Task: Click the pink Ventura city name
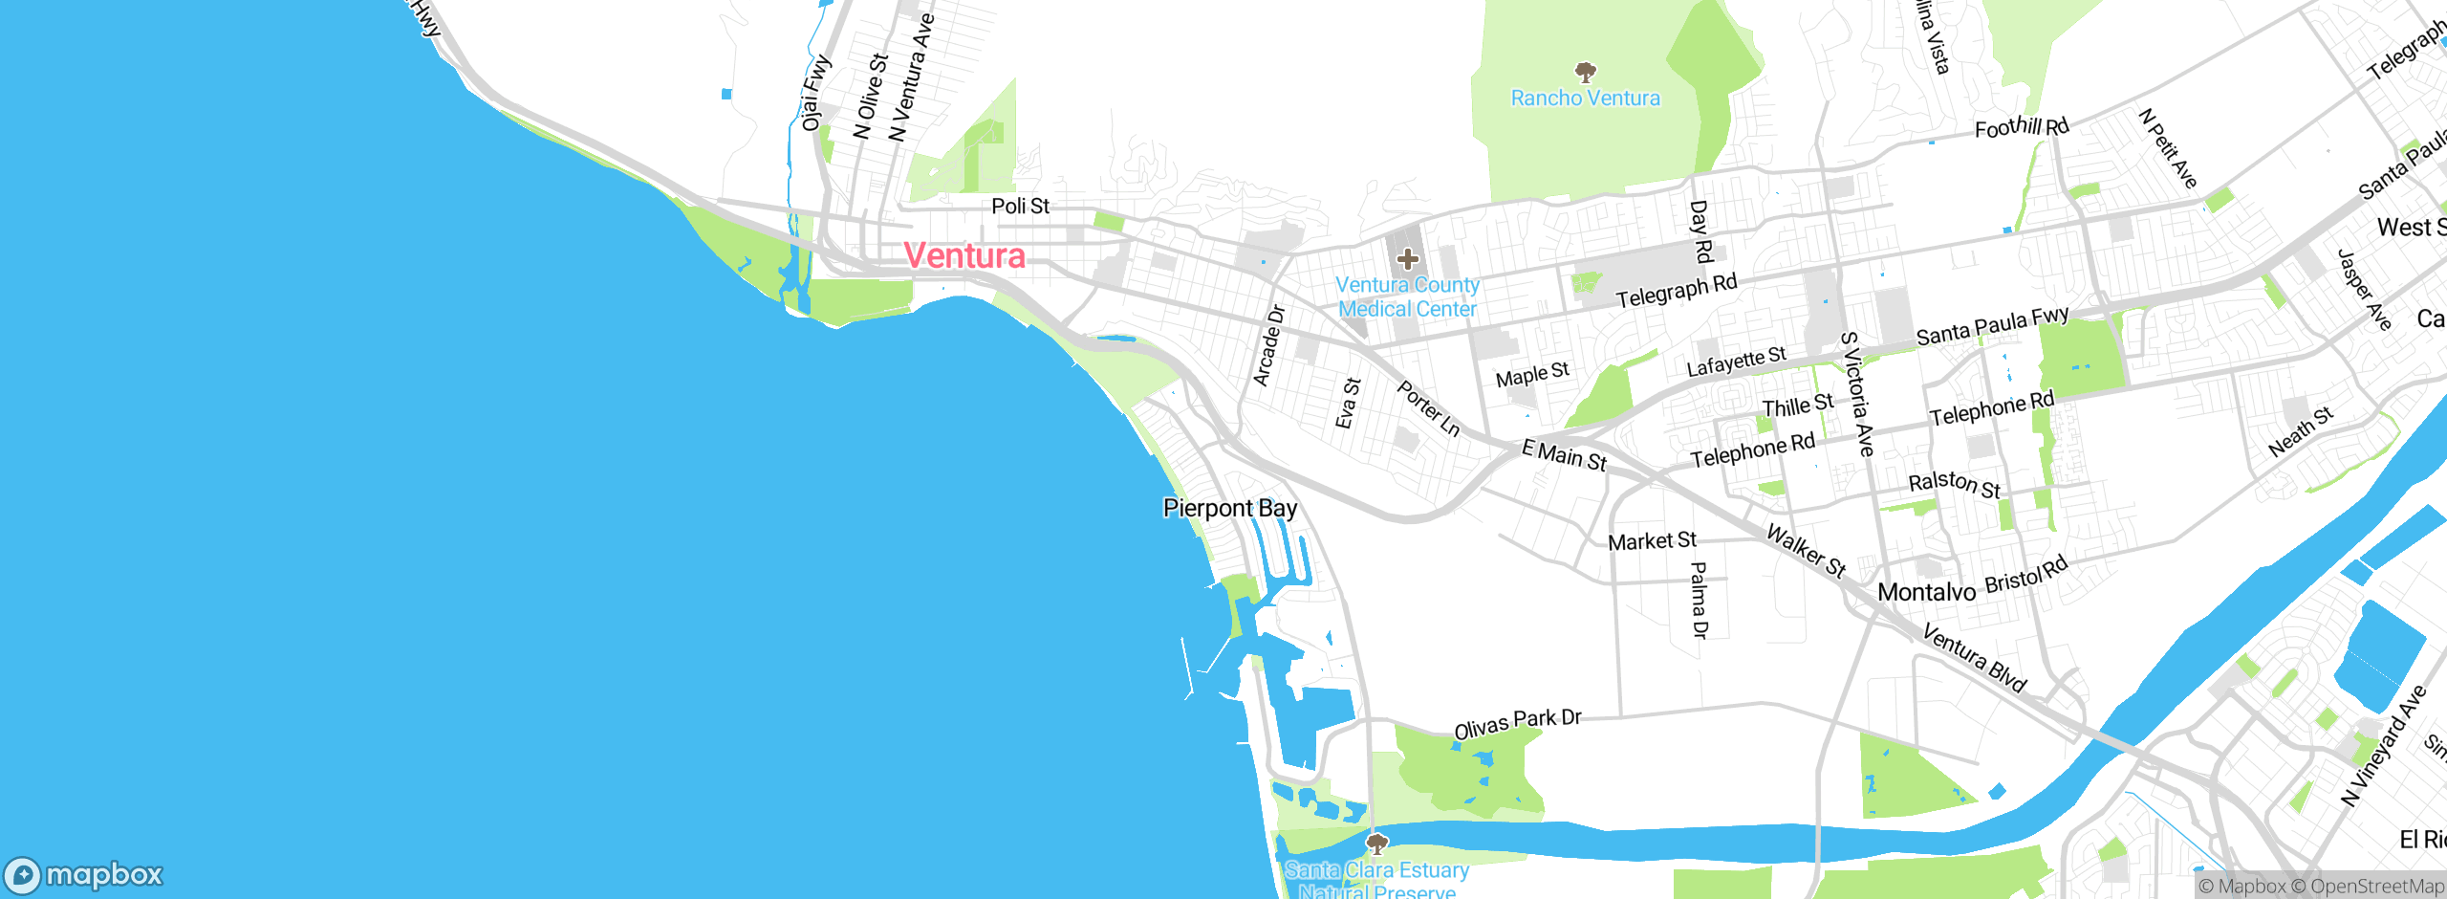964,255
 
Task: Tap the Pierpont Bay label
1229,508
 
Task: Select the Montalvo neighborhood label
1926,592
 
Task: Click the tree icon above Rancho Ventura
1586,72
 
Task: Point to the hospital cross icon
1407,258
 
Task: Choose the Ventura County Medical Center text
1407,296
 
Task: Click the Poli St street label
1020,206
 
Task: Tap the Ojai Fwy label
815,93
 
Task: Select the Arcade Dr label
1269,345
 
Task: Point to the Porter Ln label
1429,408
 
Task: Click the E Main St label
1564,454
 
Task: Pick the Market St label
1652,541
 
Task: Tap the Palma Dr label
1699,600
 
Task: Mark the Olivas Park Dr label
1518,724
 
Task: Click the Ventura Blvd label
1974,658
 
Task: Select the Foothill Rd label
2022,127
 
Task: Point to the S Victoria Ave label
1857,393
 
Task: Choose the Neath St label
2301,431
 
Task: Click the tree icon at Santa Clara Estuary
1376,844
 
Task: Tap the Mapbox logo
84,875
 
